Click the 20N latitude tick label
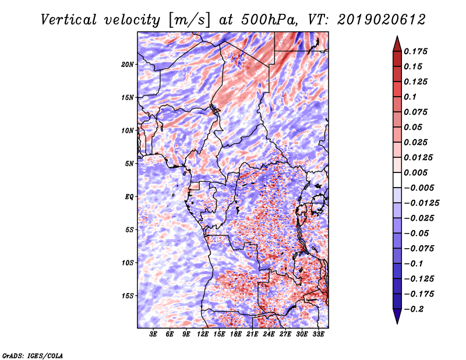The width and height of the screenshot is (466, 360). pos(128,65)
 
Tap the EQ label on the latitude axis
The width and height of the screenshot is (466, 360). pos(129,197)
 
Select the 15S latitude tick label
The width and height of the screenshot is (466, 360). pos(128,296)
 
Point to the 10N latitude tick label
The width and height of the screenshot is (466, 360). pos(128,130)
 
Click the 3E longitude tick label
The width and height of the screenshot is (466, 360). pos(153,334)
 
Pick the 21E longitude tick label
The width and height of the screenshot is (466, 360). pos(252,334)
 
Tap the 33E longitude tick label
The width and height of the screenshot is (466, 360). pos(318,334)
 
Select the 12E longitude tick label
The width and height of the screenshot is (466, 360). pos(203,334)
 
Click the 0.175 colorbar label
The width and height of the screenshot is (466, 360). pos(415,51)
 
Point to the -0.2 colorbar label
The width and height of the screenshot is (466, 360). pos(414,309)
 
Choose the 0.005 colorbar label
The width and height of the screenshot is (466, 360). pos(415,172)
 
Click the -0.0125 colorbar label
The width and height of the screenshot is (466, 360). pos(421,203)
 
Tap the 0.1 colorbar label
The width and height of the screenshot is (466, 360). pos(410,97)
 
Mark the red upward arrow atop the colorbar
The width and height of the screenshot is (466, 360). pos(397,44)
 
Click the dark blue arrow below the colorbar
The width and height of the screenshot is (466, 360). pos(397,316)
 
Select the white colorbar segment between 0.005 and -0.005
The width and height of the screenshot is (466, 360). pos(397,180)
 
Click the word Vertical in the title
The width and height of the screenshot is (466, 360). pos(69,20)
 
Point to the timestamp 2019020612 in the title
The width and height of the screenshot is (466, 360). pos(382,20)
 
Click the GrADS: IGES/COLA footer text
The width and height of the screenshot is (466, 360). pos(33,355)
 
